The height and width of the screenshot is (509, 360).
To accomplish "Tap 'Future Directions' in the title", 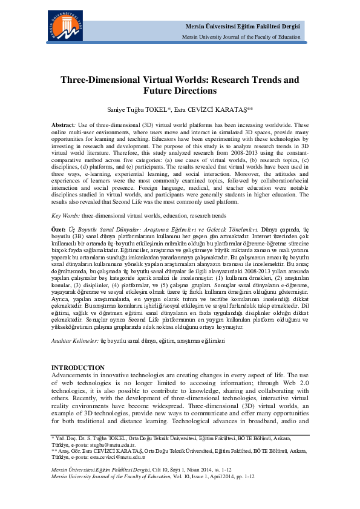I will [x=180, y=91].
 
